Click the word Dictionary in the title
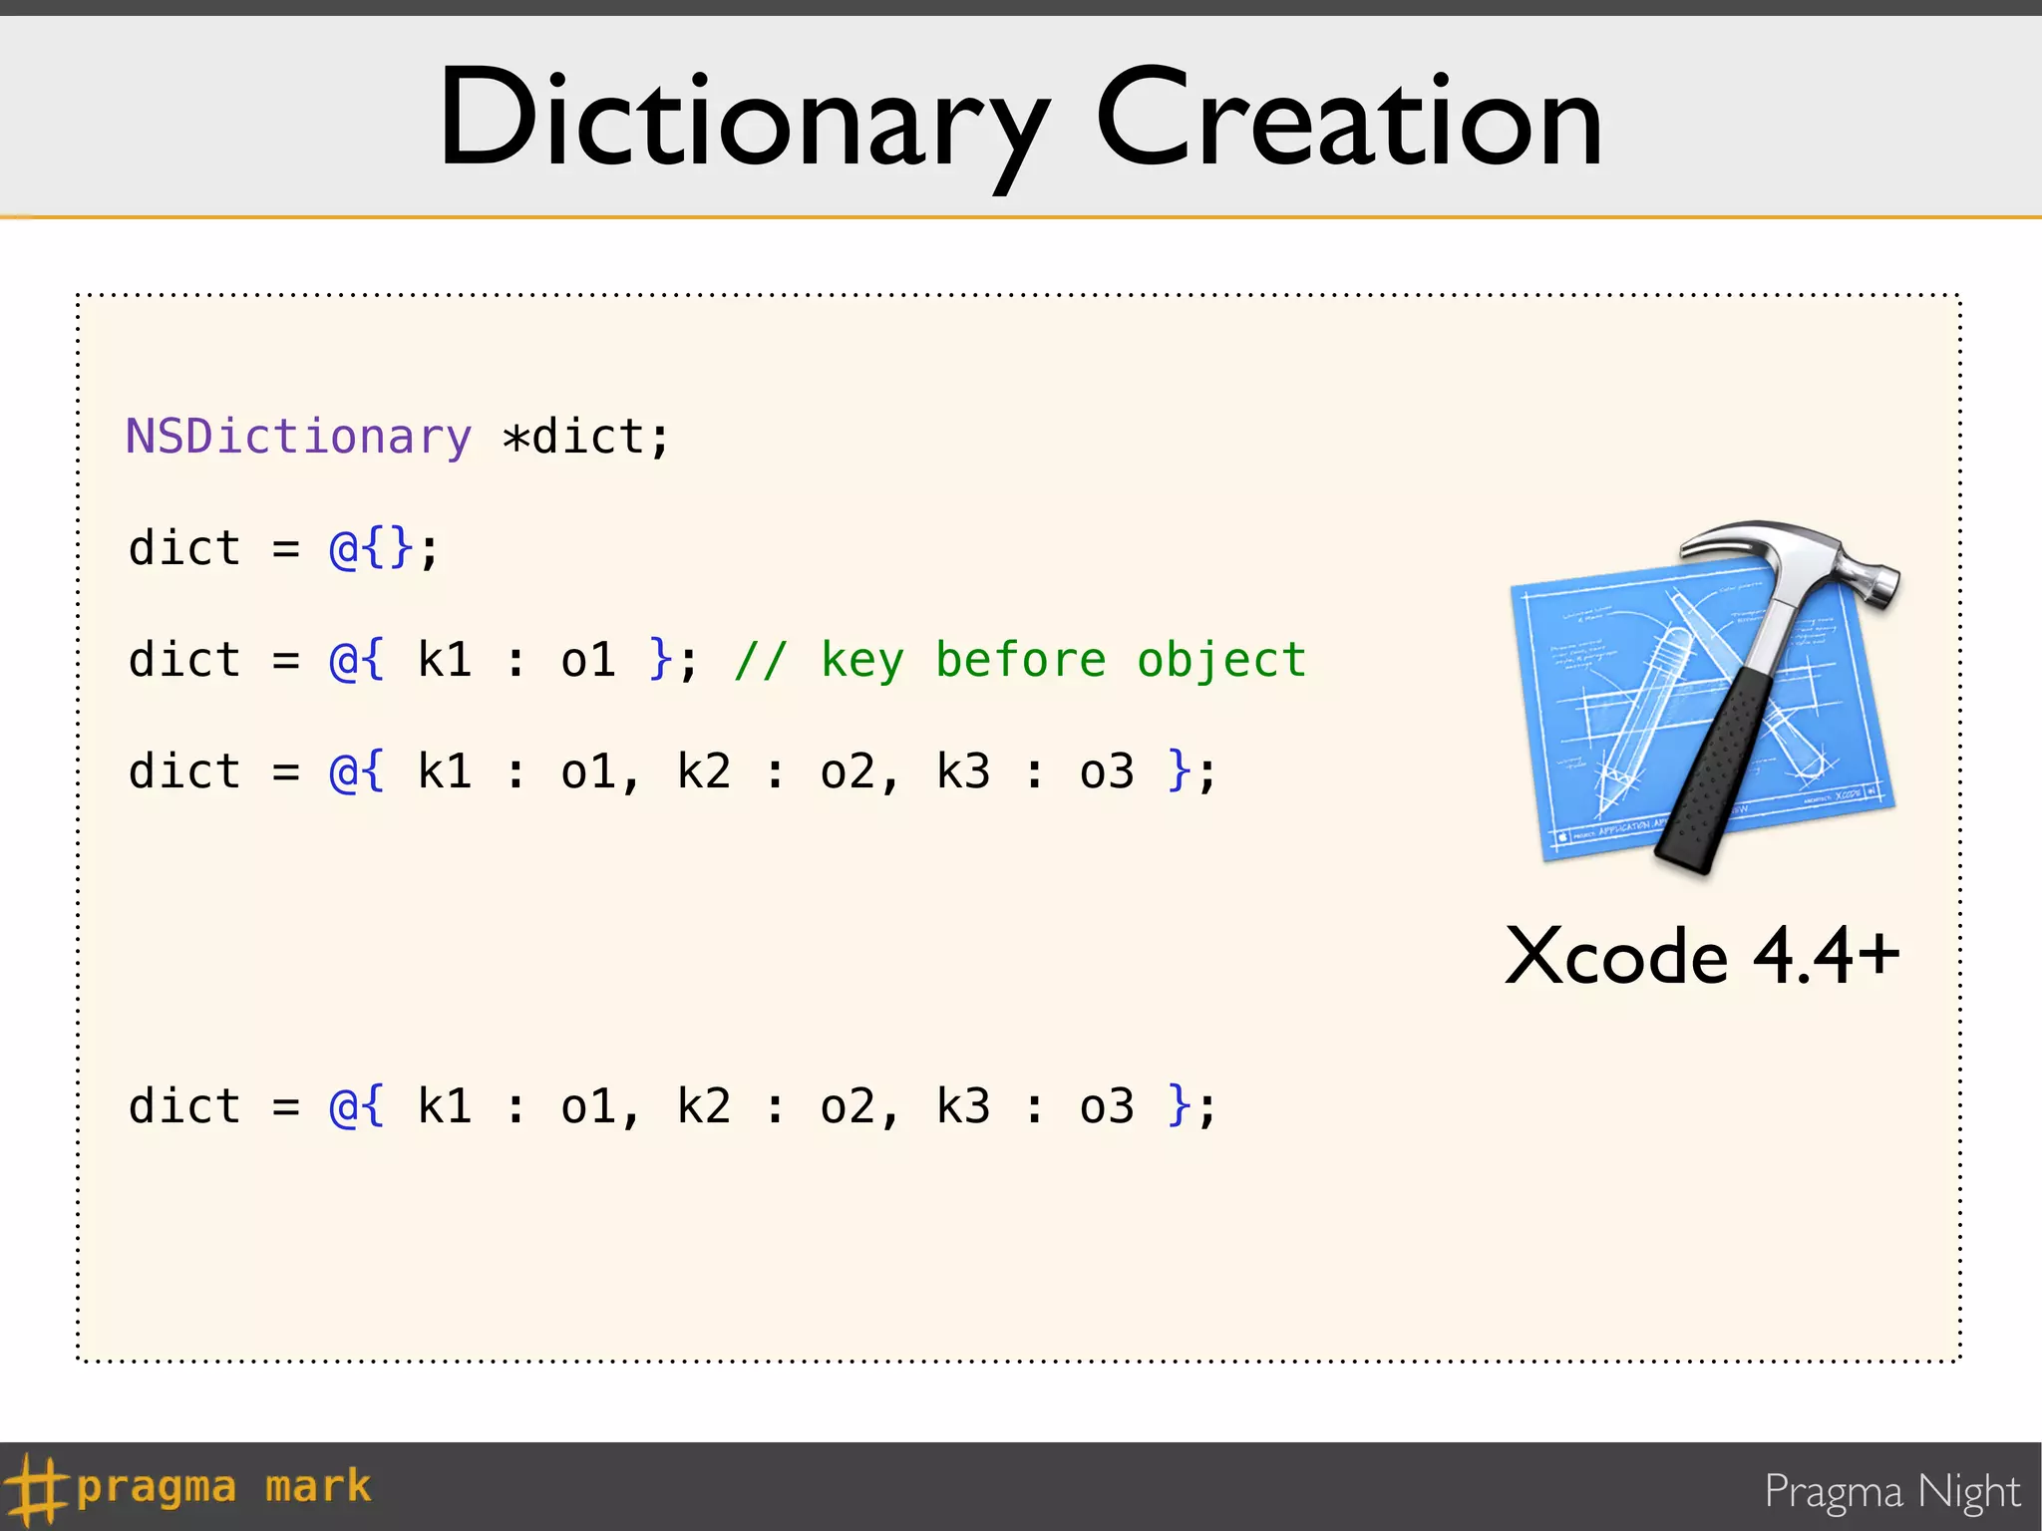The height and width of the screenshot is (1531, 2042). point(743,120)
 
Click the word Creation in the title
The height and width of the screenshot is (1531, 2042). point(1348,120)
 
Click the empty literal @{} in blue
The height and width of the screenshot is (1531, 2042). point(371,549)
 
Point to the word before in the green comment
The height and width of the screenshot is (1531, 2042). point(1020,660)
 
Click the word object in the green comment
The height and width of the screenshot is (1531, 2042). point(1221,660)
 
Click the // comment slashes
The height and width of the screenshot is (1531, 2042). point(761,660)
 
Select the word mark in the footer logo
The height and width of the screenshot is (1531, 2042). point(318,1486)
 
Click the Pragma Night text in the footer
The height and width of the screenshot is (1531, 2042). point(1891,1491)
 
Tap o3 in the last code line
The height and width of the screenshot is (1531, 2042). point(1107,1106)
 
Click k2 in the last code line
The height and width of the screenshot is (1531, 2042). point(704,1106)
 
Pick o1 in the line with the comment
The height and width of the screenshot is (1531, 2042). point(588,660)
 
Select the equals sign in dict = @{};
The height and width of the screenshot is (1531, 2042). point(286,549)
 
